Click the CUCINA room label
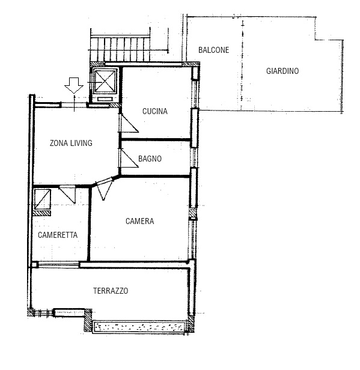point(155,111)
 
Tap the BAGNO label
point(150,159)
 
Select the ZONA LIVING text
point(71,143)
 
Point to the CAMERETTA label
point(58,235)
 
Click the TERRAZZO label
point(111,291)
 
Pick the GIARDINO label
point(282,71)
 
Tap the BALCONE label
point(213,50)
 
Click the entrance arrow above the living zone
point(74,85)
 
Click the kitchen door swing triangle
point(129,123)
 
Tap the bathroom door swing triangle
point(129,158)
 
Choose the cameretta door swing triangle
point(68,194)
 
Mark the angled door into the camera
point(103,189)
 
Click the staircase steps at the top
point(120,49)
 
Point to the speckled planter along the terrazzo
point(139,327)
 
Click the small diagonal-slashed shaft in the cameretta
point(43,199)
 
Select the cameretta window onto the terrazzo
point(58,264)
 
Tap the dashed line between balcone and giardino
point(242,65)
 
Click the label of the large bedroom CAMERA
point(140,221)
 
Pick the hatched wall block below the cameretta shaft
point(42,213)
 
